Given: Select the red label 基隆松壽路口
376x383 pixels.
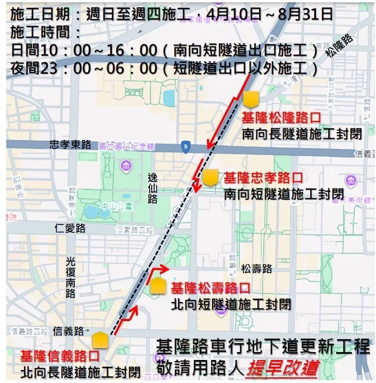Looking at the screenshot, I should (211, 289).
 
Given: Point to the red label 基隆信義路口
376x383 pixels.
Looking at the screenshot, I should (60, 357).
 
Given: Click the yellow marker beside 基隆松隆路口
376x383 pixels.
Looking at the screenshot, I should (251, 100).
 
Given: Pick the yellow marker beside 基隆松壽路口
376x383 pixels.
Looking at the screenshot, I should (158, 286).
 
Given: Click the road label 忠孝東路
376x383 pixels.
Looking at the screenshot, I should (70, 144).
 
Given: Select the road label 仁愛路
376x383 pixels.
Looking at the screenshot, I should (70, 228).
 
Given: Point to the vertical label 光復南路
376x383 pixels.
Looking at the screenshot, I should (70, 277).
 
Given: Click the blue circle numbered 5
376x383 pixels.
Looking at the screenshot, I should (186, 147).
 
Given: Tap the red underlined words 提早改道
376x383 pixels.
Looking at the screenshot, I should (279, 368).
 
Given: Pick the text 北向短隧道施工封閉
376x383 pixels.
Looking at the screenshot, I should (231, 304).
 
